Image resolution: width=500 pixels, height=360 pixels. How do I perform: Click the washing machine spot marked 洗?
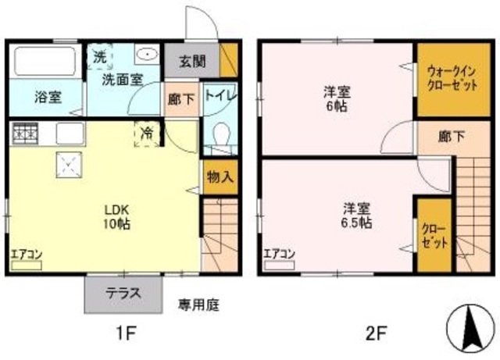(x=99, y=56)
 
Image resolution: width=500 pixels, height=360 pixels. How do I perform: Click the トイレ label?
(x=217, y=97)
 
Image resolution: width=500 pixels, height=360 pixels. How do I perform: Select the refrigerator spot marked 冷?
(x=147, y=134)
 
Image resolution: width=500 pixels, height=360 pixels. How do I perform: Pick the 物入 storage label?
(x=220, y=176)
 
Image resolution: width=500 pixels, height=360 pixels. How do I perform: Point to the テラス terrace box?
(x=124, y=294)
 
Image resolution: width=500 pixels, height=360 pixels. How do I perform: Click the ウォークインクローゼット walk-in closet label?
(x=452, y=79)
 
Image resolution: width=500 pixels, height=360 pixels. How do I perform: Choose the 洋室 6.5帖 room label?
(x=355, y=215)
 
